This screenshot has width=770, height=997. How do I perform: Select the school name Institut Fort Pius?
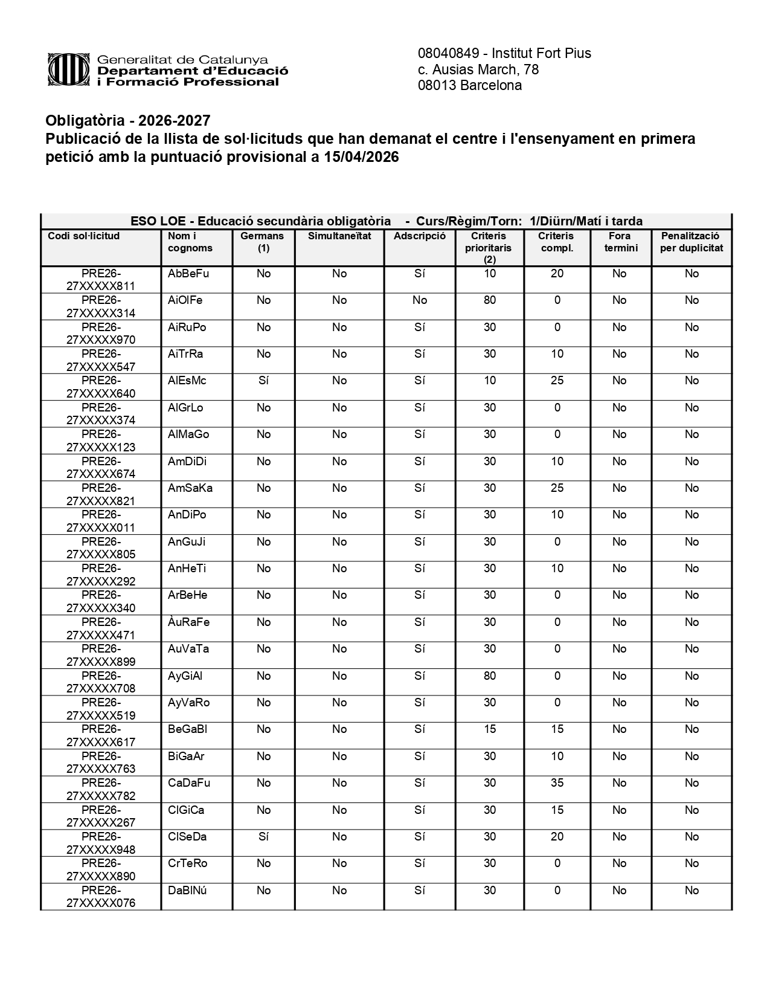(x=541, y=53)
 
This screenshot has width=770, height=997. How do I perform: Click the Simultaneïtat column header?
(x=339, y=236)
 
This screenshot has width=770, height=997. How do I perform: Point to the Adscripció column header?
(x=420, y=236)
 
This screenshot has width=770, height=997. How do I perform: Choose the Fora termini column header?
(x=620, y=242)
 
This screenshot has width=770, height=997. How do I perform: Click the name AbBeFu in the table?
(x=188, y=274)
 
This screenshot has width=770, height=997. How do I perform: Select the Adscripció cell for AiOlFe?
(x=420, y=300)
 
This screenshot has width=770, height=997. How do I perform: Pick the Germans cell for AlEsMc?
(x=263, y=381)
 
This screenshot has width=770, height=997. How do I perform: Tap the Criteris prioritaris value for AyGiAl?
(x=490, y=676)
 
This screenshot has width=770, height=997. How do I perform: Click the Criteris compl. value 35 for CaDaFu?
(x=557, y=783)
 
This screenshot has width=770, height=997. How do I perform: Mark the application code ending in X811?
(x=101, y=280)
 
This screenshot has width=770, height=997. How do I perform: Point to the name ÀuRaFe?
(x=189, y=622)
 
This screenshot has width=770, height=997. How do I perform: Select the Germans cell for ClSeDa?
(x=263, y=837)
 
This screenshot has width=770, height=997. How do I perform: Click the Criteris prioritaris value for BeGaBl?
(x=490, y=729)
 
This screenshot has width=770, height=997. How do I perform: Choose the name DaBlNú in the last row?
(x=188, y=891)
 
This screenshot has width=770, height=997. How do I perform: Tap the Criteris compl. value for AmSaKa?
(x=557, y=488)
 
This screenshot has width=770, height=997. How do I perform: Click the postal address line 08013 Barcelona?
(x=470, y=86)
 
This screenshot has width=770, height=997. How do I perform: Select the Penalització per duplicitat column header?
(x=691, y=242)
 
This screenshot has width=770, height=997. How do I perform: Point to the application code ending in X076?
(x=101, y=897)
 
